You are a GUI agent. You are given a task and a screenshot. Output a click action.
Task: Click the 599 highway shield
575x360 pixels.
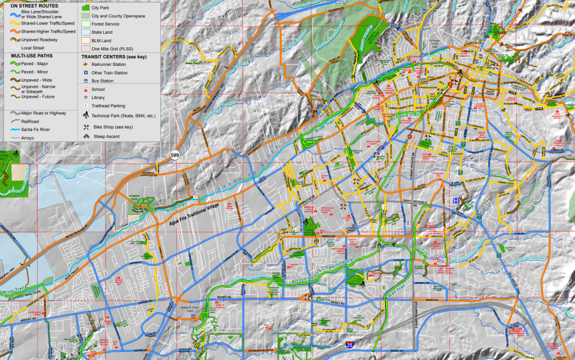tap(174, 155)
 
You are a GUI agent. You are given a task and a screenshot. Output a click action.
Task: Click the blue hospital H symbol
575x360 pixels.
tap(456, 201)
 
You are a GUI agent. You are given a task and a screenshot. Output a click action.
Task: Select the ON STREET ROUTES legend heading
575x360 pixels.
tap(34, 6)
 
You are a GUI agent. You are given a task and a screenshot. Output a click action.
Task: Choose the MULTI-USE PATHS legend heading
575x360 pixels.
tap(31, 56)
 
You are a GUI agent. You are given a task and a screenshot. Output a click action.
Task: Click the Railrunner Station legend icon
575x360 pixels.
tap(85, 65)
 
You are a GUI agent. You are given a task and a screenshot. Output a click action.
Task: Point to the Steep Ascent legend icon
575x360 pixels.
tap(85, 136)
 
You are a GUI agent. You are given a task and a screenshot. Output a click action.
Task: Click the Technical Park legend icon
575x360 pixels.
tap(85, 115)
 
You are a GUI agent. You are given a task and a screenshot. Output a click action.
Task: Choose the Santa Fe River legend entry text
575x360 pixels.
tap(36, 129)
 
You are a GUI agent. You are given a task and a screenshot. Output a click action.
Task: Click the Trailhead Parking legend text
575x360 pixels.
tap(108, 106)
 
